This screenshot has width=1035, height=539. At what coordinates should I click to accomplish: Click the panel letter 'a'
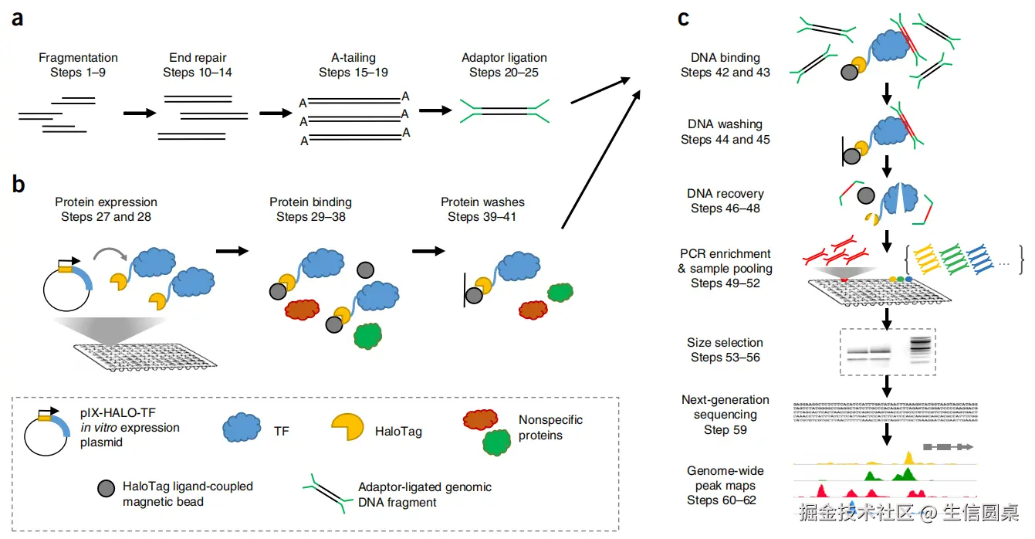[17, 18]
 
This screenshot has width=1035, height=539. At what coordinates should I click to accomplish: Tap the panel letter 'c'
[683, 18]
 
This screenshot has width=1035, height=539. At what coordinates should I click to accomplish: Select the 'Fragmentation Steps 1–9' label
[78, 65]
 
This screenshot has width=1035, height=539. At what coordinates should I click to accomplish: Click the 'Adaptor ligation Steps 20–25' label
[504, 65]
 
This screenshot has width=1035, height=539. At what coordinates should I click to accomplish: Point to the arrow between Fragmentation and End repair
[139, 114]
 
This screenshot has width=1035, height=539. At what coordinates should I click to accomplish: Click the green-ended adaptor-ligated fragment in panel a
[505, 110]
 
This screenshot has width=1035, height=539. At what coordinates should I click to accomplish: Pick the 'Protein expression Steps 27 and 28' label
[106, 209]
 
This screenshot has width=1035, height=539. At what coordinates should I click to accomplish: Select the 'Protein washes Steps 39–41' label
[482, 209]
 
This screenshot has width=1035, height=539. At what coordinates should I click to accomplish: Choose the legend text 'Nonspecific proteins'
[550, 428]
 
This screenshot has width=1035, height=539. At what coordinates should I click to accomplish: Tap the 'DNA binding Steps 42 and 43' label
[725, 65]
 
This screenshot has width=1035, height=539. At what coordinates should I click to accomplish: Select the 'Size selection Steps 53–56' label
[725, 350]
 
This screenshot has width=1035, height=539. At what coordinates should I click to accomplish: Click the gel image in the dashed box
[888, 352]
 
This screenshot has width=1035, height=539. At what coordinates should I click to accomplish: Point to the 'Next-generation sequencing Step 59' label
[725, 415]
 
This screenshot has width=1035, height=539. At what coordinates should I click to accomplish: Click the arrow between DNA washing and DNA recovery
[887, 164]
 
